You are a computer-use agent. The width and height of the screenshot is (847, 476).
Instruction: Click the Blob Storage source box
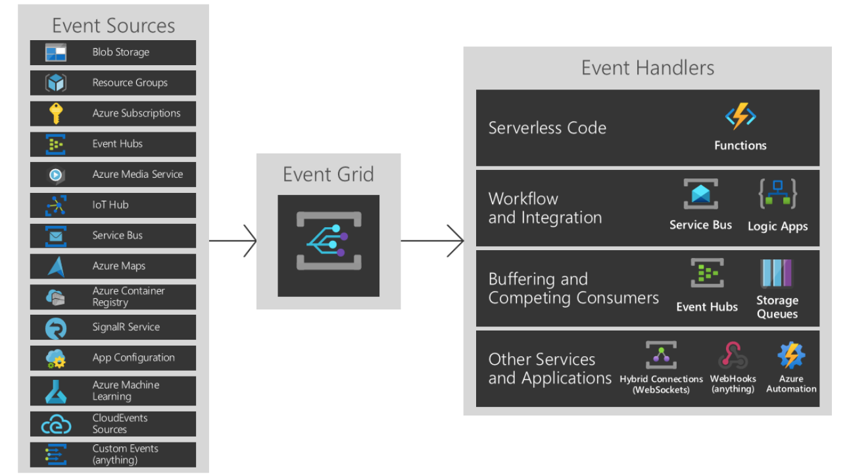tap(112, 53)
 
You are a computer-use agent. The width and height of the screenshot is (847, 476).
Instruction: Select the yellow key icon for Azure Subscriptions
tap(56, 113)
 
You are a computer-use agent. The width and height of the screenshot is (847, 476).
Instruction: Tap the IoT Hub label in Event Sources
tap(110, 205)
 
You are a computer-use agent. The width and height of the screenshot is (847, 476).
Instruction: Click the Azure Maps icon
tap(56, 266)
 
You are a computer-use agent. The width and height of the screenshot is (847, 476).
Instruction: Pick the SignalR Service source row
tap(112, 327)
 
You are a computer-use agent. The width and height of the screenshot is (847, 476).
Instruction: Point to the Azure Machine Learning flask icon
tap(56, 391)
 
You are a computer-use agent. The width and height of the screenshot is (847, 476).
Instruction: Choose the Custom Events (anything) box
tap(112, 454)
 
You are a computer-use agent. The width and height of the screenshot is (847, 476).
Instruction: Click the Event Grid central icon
tap(328, 240)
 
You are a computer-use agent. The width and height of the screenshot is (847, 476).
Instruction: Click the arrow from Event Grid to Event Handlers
tap(432, 241)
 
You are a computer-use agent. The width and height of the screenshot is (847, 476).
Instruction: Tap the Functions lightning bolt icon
tap(740, 117)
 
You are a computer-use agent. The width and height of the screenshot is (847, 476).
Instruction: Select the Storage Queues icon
tap(777, 274)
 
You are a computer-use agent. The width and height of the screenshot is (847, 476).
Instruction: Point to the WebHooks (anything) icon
tap(733, 356)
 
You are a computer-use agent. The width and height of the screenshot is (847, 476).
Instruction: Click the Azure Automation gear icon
tap(791, 356)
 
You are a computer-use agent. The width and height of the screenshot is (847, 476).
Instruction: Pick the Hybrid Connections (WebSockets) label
tap(661, 384)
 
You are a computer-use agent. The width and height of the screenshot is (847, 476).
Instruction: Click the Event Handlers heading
tap(647, 68)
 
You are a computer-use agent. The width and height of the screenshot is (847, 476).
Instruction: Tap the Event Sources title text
tap(113, 26)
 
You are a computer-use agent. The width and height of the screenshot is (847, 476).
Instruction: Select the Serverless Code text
tap(547, 128)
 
